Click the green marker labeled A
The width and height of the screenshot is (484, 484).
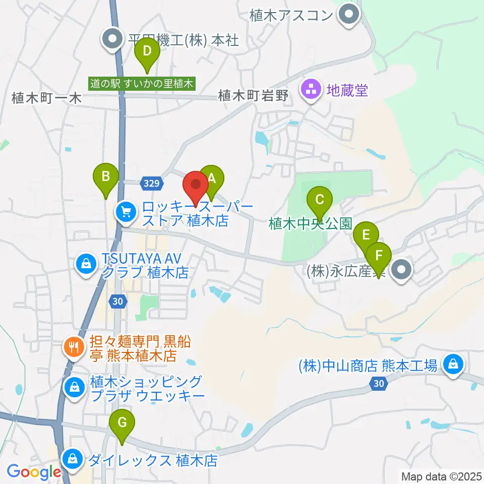(x=211, y=178)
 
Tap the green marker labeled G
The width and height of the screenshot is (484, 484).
(x=122, y=422)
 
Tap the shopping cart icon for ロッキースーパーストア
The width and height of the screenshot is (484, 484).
(x=126, y=212)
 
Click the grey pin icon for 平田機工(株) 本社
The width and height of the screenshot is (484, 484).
(x=111, y=40)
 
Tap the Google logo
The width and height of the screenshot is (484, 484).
(x=34, y=472)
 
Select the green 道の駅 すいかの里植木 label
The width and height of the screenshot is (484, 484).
(x=142, y=84)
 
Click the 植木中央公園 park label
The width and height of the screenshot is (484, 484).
(x=310, y=223)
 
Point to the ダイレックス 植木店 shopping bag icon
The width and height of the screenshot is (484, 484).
(x=73, y=459)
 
